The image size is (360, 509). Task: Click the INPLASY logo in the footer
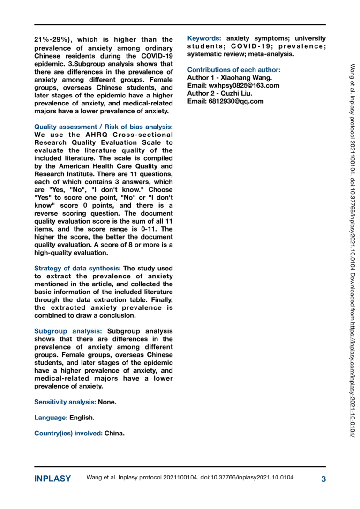(x=52, y=479)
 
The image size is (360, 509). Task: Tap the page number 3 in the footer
(x=323, y=479)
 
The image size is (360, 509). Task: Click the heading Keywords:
(x=204, y=38)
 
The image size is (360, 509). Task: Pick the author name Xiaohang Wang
(x=247, y=78)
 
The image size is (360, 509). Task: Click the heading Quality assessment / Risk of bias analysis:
(x=103, y=127)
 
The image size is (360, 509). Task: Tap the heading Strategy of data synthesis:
(x=77, y=269)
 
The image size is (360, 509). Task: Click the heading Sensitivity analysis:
(x=66, y=402)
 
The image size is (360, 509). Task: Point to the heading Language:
(x=51, y=417)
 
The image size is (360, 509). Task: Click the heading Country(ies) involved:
(x=68, y=433)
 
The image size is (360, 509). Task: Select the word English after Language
(x=82, y=417)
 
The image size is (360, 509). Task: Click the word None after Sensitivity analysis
(x=107, y=402)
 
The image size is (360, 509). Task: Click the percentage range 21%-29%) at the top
(x=52, y=40)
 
